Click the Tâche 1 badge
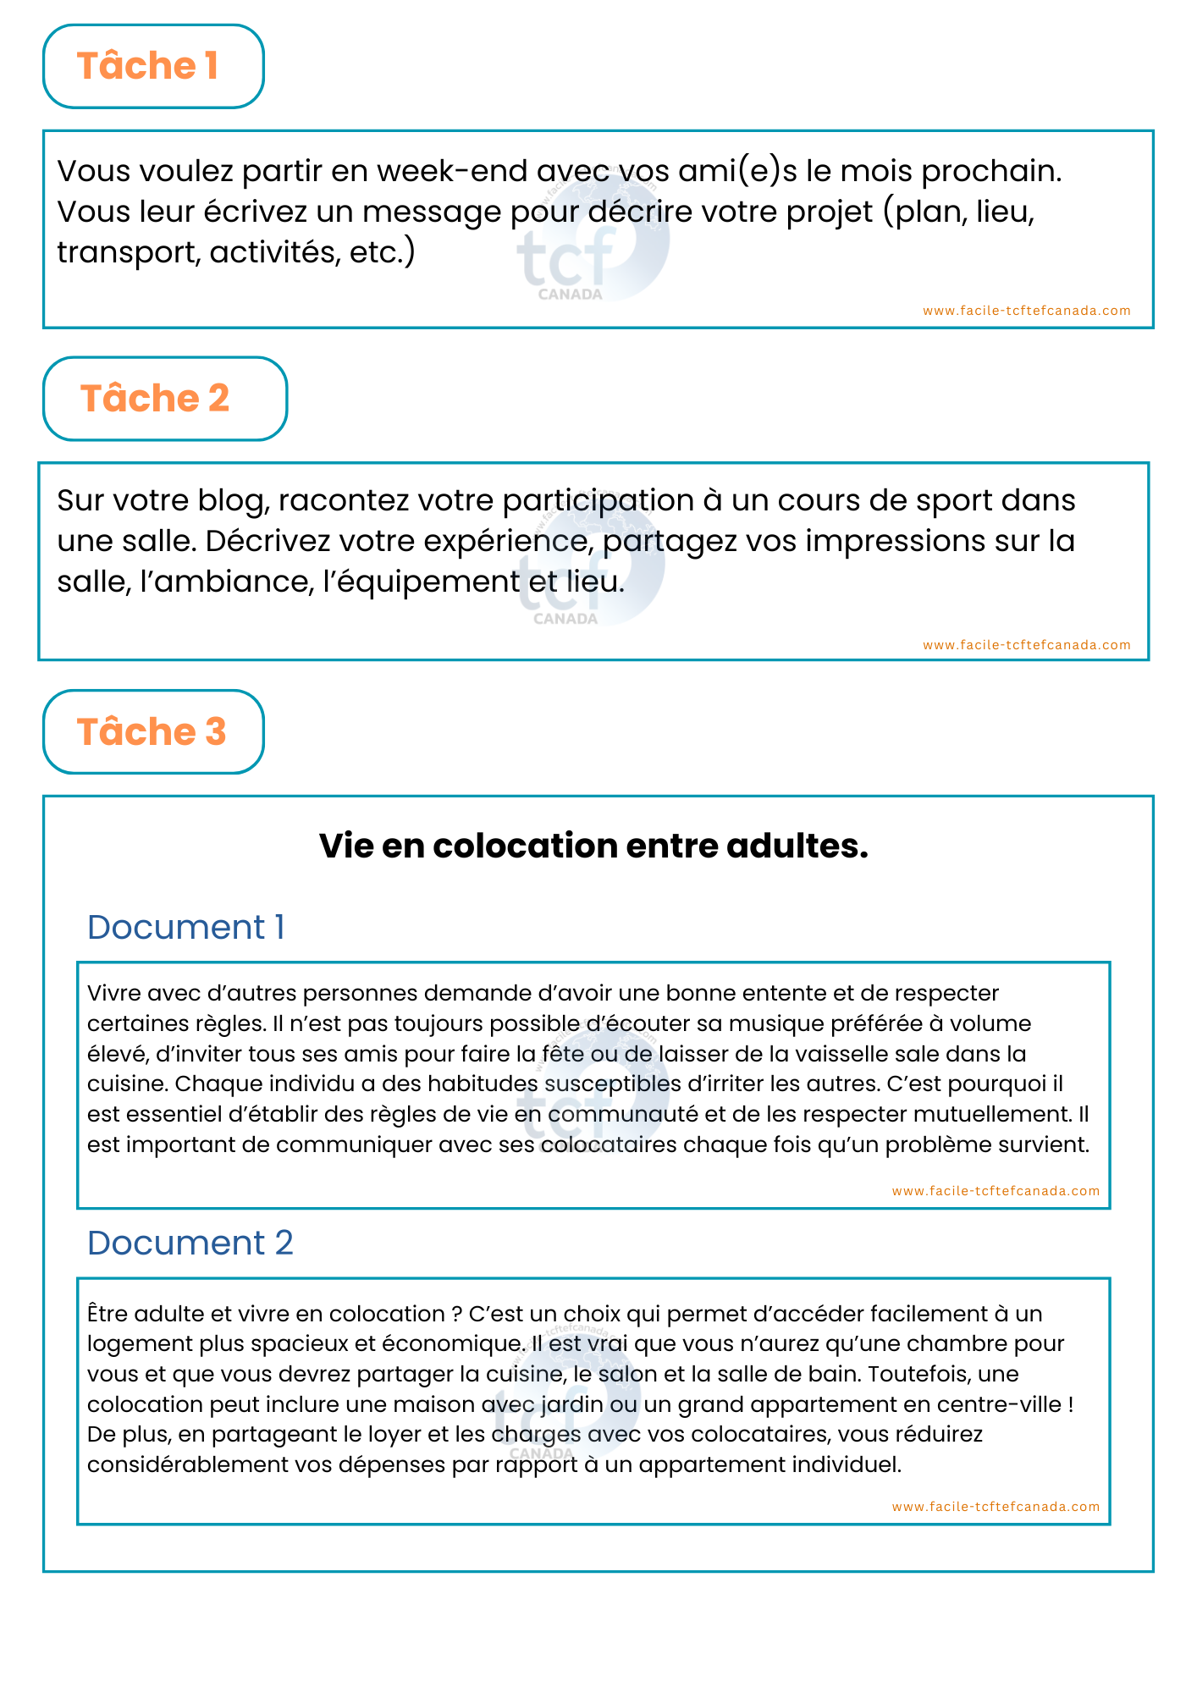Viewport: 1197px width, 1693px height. tap(153, 66)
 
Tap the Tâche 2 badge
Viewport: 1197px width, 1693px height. tap(165, 399)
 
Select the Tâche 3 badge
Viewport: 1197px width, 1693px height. tap(153, 732)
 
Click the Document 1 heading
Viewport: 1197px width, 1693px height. tap(185, 928)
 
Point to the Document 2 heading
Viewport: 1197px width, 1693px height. tap(190, 1244)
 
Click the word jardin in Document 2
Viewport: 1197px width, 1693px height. tap(575, 1404)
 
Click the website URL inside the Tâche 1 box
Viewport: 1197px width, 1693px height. tap(1026, 311)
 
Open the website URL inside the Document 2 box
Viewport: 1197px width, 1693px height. tap(996, 1507)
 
